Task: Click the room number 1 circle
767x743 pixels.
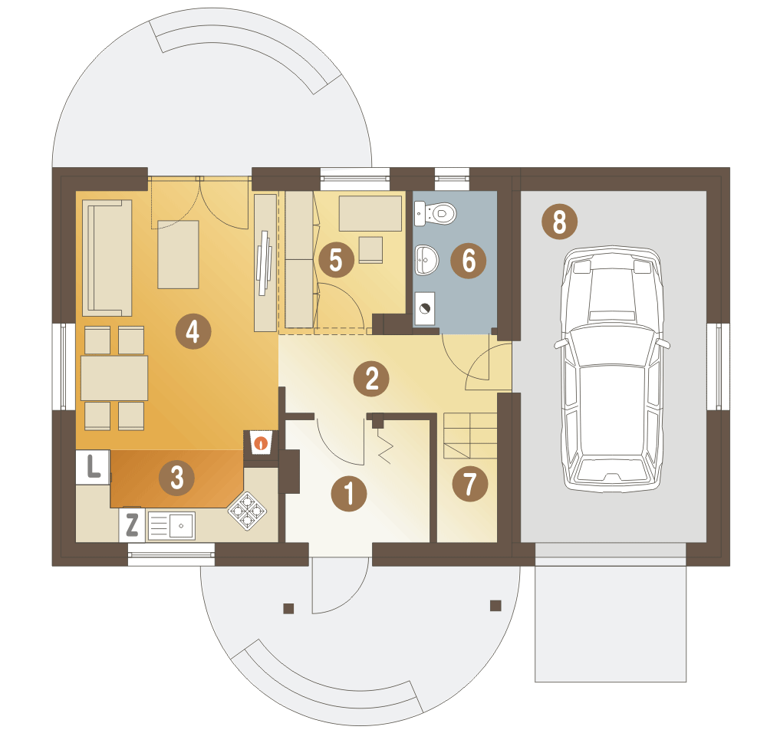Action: pos(349,494)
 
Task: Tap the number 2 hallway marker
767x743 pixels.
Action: pos(371,379)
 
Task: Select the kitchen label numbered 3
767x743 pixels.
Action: pos(176,478)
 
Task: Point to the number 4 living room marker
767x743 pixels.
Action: pos(193,331)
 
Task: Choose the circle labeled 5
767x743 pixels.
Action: pos(337,260)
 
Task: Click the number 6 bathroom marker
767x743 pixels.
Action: pos(468,260)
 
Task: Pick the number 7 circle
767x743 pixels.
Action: pos(469,484)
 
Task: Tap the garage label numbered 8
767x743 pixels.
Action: pos(560,222)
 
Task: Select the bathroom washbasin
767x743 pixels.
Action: pos(426,260)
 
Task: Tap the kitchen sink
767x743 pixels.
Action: pos(172,526)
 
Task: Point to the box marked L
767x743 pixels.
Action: pos(93,467)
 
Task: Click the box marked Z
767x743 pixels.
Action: pos(132,525)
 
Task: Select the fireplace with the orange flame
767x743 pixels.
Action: pos(262,442)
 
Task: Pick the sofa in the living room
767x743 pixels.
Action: pos(107,258)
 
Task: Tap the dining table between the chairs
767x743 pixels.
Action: pos(114,379)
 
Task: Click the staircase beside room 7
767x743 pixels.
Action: pos(470,436)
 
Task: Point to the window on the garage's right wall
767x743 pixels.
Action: pos(718,366)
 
